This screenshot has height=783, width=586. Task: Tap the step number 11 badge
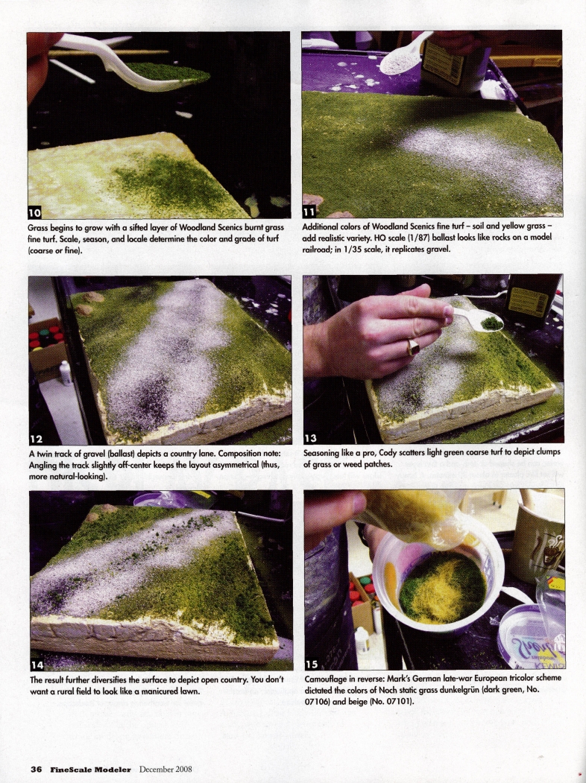point(311,209)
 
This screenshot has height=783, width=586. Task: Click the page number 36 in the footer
point(35,769)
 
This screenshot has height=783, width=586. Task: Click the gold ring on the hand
point(412,347)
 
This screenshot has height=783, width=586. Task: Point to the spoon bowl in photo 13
point(490,323)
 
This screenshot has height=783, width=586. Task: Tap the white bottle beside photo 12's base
point(66,372)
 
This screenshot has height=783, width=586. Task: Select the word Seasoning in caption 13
point(326,452)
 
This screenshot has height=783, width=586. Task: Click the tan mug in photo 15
point(538,540)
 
